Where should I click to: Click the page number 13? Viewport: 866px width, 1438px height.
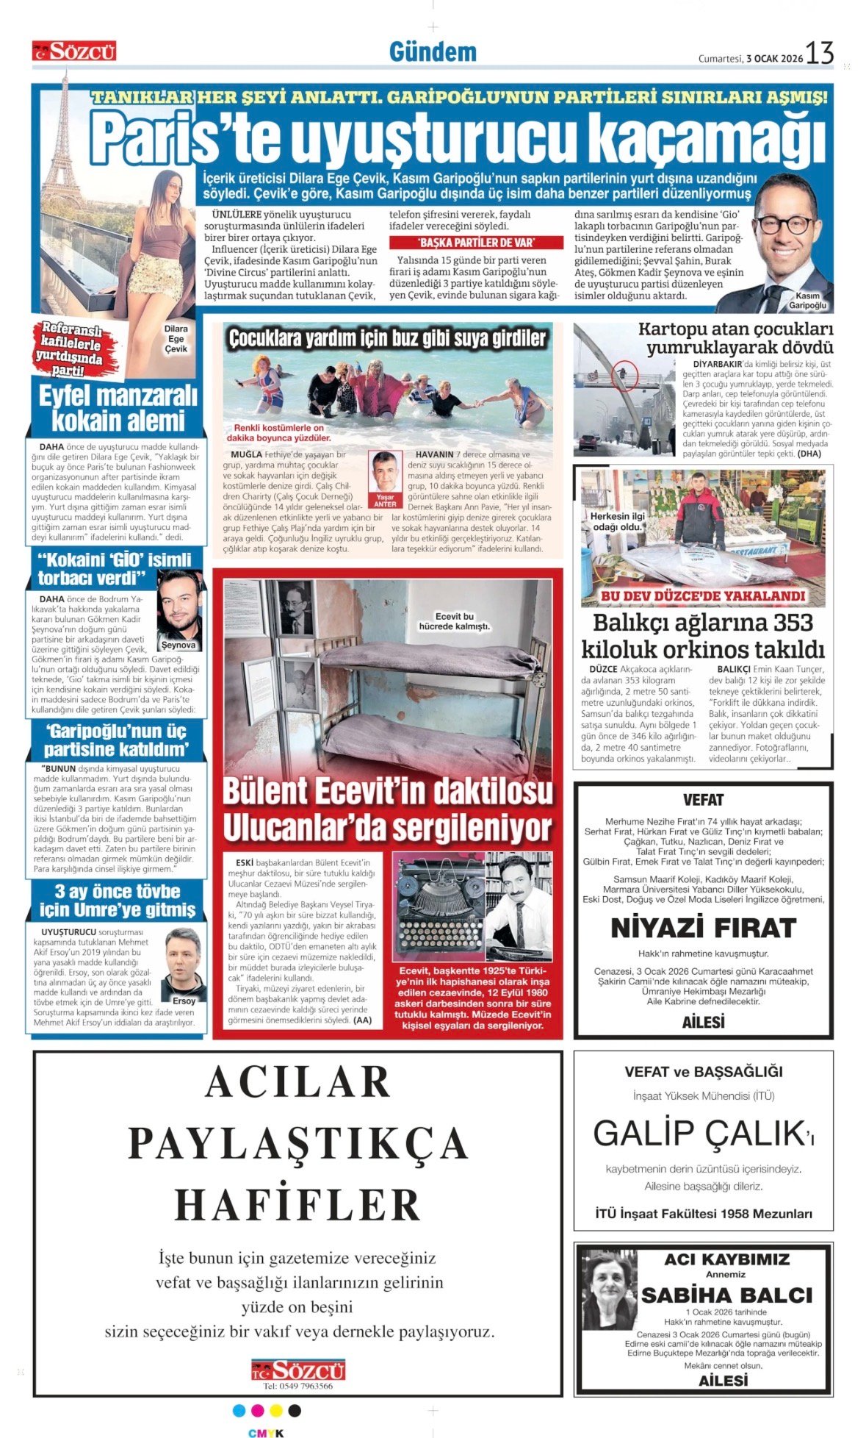point(820,53)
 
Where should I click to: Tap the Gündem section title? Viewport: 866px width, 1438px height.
point(433,52)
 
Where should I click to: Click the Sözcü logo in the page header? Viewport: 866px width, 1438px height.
point(74,51)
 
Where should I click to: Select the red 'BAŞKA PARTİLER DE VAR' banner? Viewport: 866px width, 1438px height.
point(476,243)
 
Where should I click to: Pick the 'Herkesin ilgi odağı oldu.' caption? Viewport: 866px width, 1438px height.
point(618,521)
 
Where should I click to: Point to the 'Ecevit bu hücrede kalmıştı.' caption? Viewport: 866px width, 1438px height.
point(454,621)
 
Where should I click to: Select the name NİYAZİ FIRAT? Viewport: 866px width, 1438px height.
point(703,928)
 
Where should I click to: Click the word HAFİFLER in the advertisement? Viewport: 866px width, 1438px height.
point(297,1205)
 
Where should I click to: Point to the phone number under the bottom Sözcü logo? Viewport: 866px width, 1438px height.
point(297,1386)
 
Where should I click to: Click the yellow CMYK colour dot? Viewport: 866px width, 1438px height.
point(276,1410)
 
